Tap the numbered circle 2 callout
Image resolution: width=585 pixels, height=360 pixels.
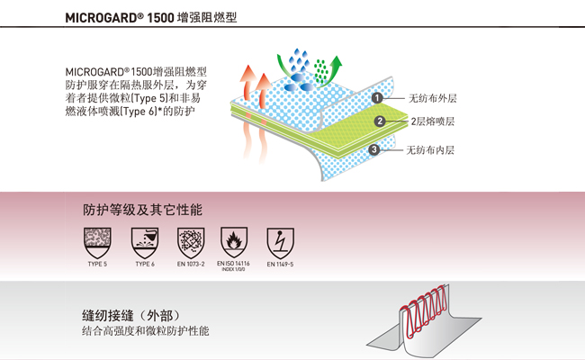tap(380, 121)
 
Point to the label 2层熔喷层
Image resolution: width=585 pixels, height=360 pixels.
tap(433, 122)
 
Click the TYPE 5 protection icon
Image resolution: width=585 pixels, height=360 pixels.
tap(96, 240)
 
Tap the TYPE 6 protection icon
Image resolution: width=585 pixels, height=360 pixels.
tap(144, 240)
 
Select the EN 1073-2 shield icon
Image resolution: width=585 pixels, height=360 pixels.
tap(190, 240)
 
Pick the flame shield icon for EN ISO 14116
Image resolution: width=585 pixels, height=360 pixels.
tap(235, 240)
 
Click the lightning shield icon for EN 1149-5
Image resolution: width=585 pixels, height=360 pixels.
tap(280, 240)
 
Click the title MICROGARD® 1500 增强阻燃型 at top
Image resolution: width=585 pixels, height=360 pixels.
tap(152, 16)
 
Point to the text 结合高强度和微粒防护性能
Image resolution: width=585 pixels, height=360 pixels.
tap(145, 332)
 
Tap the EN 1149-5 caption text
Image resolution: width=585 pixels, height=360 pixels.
tap(280, 264)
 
